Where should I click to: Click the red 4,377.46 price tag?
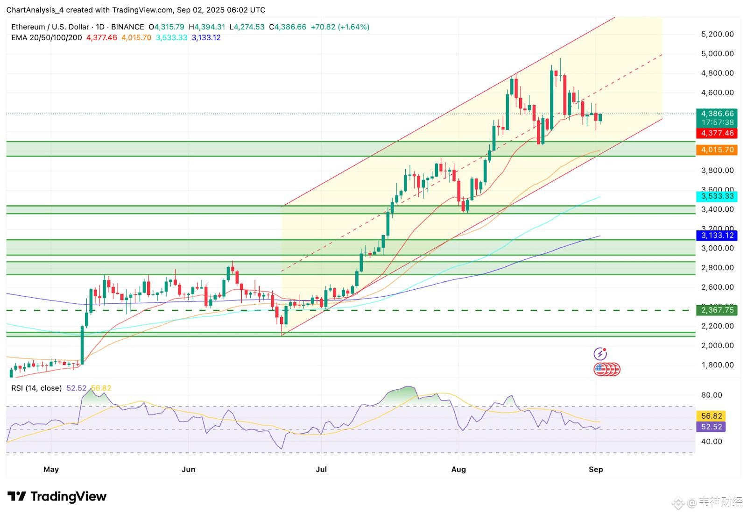[717, 133]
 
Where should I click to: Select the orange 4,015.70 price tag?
[717, 150]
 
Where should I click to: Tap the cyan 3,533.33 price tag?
[717, 196]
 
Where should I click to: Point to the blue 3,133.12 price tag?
[717, 236]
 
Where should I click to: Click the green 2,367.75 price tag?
[717, 310]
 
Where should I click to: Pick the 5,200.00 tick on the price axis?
[717, 34]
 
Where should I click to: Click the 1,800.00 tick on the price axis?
[717, 365]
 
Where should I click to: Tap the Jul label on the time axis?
[321, 469]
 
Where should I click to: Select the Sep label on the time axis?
[596, 469]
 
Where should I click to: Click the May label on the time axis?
[51, 469]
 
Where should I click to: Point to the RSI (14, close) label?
[36, 388]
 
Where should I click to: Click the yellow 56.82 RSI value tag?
[712, 416]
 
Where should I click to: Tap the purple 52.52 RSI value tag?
[712, 427]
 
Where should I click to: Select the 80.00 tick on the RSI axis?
[712, 395]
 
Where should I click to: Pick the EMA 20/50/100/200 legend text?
[46, 38]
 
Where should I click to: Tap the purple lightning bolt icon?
[600, 354]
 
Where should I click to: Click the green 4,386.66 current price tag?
[717, 114]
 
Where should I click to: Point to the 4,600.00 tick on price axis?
[717, 93]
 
